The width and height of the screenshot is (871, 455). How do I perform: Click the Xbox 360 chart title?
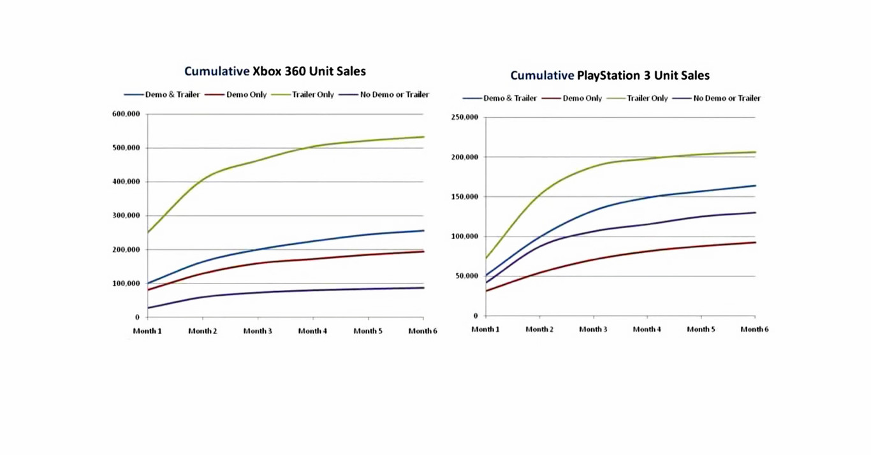point(275,71)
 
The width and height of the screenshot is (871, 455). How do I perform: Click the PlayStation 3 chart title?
point(610,75)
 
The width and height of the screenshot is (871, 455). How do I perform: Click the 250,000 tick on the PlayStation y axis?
point(464,117)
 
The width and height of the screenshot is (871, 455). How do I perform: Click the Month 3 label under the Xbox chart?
point(258,331)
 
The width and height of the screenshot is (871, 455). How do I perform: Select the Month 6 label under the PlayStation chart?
point(754,329)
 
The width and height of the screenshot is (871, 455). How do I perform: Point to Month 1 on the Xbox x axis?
point(147,331)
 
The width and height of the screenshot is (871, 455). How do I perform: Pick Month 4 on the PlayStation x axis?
point(647,329)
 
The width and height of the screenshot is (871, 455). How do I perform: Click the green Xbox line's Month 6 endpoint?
point(423,137)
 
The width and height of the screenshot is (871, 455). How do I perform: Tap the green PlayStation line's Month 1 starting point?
point(486,258)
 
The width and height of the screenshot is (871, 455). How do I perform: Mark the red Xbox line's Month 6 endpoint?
point(423,252)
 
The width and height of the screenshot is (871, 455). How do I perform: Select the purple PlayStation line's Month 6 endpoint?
point(755,213)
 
